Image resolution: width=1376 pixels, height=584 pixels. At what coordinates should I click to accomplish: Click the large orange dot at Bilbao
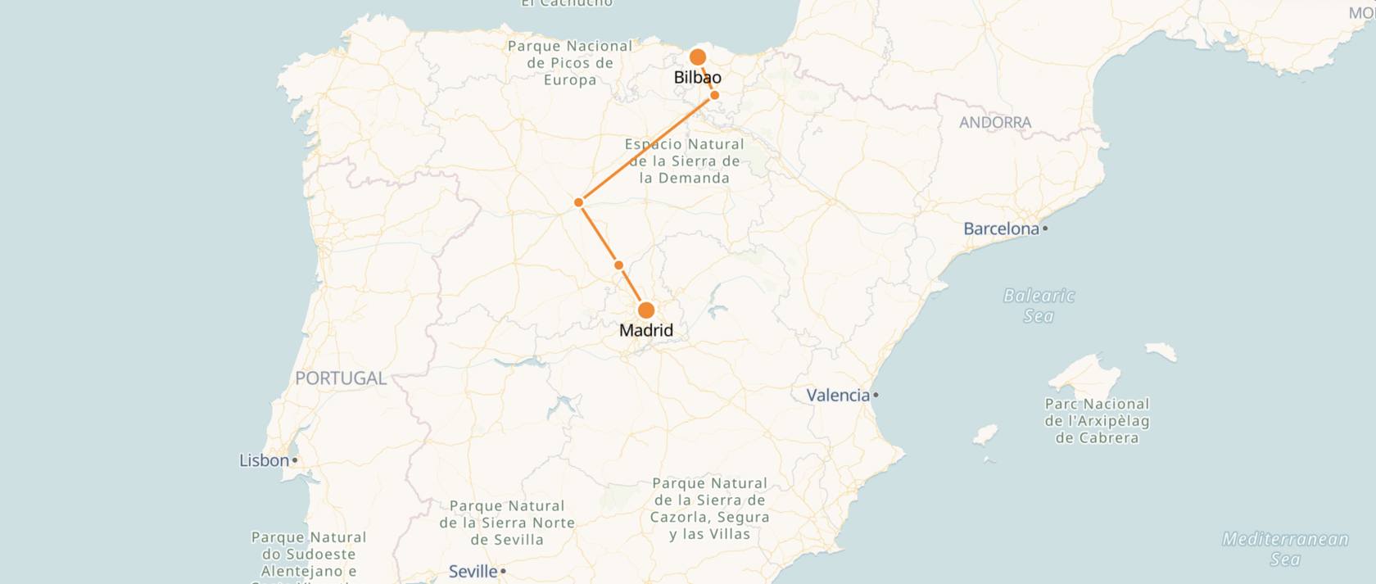pos(698,57)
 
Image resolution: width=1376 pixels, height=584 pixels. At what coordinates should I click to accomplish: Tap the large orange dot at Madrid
pos(646,310)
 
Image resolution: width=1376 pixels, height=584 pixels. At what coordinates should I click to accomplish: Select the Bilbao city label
pos(697,78)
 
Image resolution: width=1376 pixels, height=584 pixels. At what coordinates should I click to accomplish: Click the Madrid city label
pos(646,331)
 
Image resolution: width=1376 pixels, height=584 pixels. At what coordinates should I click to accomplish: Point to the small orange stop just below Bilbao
pos(715,96)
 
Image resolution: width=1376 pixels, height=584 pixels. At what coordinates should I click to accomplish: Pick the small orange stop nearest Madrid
pos(618,265)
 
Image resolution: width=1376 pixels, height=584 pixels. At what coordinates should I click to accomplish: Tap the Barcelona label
pos(1001,229)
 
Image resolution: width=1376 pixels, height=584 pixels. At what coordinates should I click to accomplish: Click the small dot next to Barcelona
pos(1045,229)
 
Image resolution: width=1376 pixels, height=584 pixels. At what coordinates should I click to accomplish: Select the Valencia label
pos(838,396)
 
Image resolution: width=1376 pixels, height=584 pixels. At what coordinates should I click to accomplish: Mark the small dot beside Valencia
pos(876,396)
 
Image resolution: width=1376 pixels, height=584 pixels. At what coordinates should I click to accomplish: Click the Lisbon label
pos(264,461)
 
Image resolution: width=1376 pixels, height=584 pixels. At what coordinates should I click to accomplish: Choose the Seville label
pos(473,572)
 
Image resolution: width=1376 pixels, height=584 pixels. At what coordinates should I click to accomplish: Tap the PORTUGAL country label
pos(341,378)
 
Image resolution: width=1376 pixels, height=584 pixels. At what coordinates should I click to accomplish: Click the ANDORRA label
pos(995,123)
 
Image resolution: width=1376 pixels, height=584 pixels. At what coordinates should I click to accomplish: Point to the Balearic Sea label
pos(1039,306)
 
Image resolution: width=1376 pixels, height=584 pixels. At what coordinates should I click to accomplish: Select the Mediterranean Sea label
pos(1285,549)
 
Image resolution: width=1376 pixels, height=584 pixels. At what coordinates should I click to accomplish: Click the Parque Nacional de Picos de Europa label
pos(570,63)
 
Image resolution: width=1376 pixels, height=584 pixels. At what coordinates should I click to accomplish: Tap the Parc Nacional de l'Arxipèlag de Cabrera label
pos(1097,421)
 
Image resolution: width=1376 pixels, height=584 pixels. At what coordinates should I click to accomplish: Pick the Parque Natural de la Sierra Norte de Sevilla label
pos(507,523)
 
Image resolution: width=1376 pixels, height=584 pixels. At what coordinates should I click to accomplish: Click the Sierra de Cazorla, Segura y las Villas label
pos(710,509)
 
